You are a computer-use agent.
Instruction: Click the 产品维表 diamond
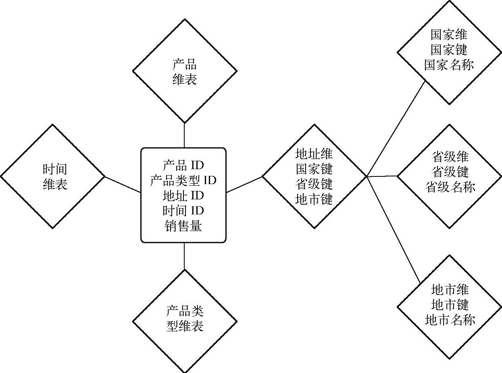click(184, 71)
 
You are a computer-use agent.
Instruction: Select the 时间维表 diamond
click(52, 176)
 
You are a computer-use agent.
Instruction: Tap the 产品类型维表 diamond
click(184, 318)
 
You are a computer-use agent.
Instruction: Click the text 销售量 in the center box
click(183, 226)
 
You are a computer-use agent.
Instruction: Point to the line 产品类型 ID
click(183, 180)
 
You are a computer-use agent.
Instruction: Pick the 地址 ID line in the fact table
click(183, 196)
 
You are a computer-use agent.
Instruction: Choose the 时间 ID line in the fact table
click(183, 211)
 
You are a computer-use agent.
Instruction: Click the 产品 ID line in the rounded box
click(183, 165)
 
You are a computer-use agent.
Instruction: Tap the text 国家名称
click(449, 65)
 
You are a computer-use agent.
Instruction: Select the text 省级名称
click(450, 187)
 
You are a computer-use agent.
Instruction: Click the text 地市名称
click(450, 320)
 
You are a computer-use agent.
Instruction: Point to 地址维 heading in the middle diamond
click(314, 154)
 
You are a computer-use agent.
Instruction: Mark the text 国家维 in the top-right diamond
click(449, 34)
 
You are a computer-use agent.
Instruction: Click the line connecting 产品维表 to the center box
click(184, 135)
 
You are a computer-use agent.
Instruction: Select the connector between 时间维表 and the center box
click(123, 184)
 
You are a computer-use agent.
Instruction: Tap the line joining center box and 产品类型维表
click(184, 256)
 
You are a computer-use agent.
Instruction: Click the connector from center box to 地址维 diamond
click(244, 184)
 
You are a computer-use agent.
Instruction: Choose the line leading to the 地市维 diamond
click(394, 230)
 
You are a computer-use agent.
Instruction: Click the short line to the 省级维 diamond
click(382, 176)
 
